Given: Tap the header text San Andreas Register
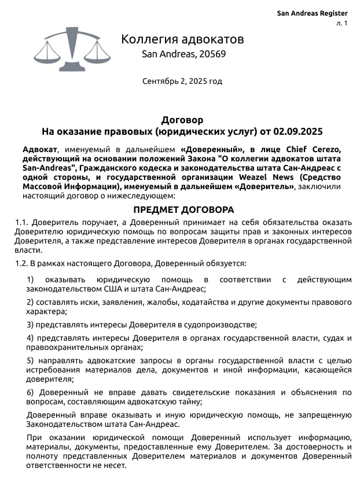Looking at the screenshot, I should point(312,13).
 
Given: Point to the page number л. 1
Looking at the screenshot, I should point(341,24).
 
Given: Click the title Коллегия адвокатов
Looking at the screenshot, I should point(182,39).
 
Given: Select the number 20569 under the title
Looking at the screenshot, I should point(211,54).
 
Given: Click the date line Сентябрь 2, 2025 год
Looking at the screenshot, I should point(182,81).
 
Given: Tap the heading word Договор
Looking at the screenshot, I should point(182,120).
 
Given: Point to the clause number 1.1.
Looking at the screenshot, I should point(21,222).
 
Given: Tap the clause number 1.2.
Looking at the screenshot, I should point(21,263).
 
